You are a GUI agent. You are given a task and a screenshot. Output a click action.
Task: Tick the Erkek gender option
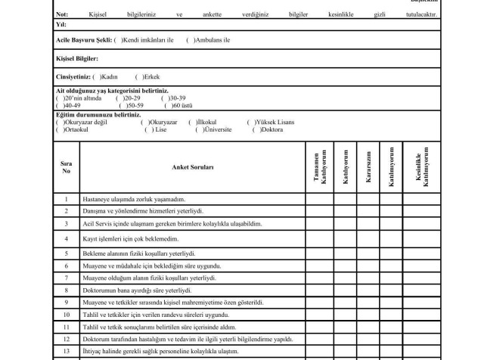pyautogui.click(x=138, y=76)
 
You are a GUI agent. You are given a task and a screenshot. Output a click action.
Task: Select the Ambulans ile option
pyautogui.click(x=191, y=40)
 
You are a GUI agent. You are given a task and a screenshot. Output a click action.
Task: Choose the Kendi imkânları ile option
pyautogui.click(x=118, y=40)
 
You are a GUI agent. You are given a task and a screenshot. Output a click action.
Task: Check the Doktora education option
pyautogui.click(x=256, y=129)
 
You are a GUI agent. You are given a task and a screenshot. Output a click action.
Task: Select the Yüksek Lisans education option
pyautogui.click(x=250, y=122)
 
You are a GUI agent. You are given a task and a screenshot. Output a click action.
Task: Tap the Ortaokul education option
pyautogui.click(x=59, y=129)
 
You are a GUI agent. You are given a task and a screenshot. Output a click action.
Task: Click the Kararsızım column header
pyautogui.click(x=368, y=163)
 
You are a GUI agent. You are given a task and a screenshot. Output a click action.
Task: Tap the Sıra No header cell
pyautogui.click(x=66, y=166)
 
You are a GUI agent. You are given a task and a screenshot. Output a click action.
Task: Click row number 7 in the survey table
pyautogui.click(x=66, y=278)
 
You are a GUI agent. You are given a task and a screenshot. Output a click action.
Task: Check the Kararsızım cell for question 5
pyautogui.click(x=368, y=253)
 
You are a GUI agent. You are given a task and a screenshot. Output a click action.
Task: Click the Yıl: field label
pyautogui.click(x=61, y=24)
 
